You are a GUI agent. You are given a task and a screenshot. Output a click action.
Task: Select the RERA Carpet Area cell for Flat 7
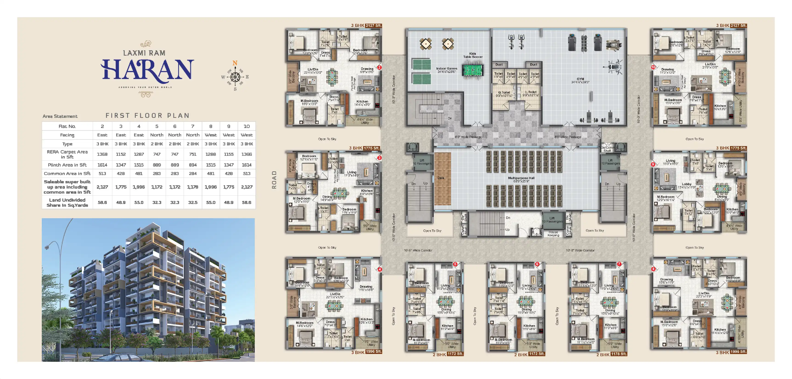(x=193, y=154)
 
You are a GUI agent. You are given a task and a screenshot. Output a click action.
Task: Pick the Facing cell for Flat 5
(x=157, y=135)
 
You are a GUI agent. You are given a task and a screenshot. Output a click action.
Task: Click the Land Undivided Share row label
(x=67, y=202)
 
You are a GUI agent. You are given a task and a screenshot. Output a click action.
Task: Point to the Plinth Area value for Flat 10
(x=247, y=165)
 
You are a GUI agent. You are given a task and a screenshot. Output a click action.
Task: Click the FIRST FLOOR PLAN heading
(x=148, y=116)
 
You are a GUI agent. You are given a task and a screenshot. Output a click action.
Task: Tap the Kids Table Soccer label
(x=473, y=55)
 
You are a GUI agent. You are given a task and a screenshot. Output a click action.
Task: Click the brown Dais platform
(x=442, y=178)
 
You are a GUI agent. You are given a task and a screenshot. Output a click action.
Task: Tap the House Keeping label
(x=553, y=234)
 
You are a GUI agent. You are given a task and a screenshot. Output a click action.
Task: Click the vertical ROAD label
(x=274, y=180)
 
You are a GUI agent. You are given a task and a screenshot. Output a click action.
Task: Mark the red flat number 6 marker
(x=537, y=264)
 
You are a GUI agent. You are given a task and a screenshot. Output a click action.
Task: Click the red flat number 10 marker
(x=653, y=67)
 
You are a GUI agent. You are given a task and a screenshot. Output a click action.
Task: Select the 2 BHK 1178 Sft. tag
(x=611, y=354)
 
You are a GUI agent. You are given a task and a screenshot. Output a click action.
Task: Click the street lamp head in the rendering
(x=47, y=247)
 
